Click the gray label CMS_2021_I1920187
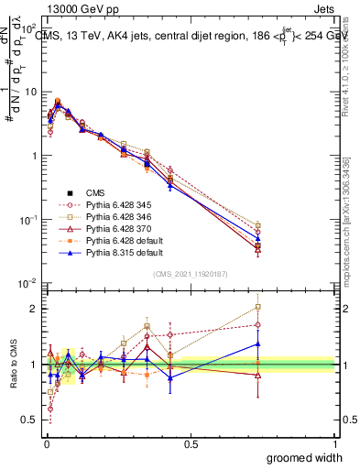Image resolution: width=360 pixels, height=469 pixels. coord(191,274)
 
